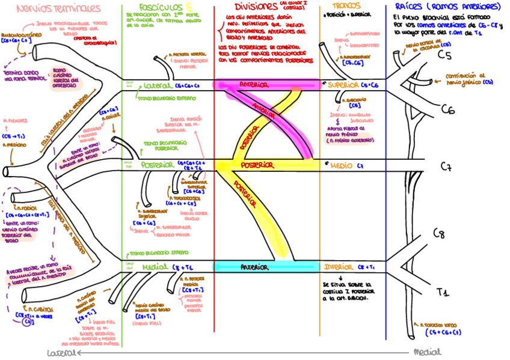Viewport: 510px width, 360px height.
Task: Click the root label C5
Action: pyautogui.click(x=444, y=56)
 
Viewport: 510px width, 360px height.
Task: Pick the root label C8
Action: pyautogui.click(x=438, y=234)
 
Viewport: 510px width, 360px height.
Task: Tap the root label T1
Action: pyautogui.click(x=443, y=293)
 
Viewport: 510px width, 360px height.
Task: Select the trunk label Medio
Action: pyautogui.click(x=342, y=165)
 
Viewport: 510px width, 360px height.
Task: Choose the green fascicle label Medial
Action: pyautogui.click(x=155, y=266)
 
